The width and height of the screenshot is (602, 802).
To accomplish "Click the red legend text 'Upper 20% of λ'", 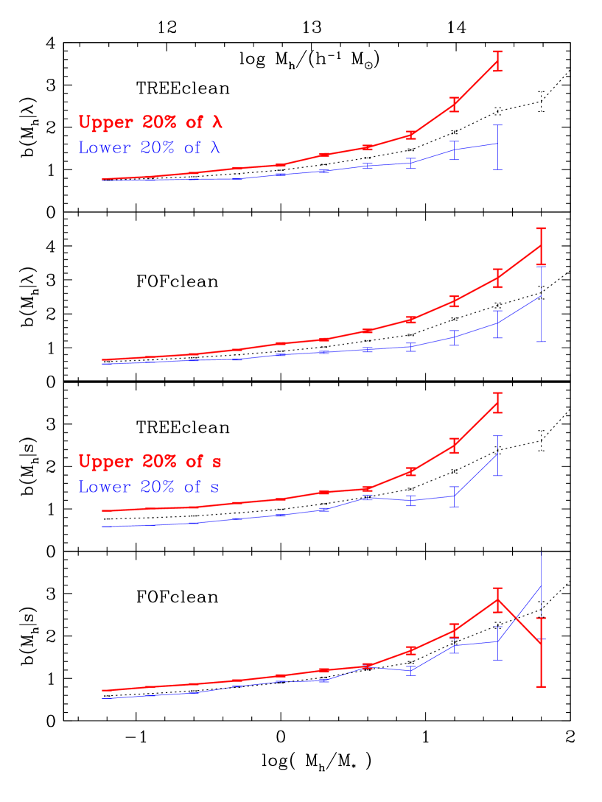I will (150, 122).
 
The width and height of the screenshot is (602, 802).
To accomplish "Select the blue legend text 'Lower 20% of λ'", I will (150, 147).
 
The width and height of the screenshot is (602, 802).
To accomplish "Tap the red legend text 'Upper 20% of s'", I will (150, 462).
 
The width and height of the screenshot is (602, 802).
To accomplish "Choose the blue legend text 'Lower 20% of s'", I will (148, 487).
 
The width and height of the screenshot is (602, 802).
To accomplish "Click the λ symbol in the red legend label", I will (217, 122).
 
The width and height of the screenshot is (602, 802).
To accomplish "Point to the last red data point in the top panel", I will (498, 61).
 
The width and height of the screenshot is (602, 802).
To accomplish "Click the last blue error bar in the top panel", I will (498, 147).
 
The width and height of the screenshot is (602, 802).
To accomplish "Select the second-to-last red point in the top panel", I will (455, 104).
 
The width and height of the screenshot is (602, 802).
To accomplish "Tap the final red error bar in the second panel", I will (542, 246).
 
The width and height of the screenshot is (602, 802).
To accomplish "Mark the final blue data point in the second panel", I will (542, 296).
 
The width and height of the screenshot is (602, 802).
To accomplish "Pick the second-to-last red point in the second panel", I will (498, 278).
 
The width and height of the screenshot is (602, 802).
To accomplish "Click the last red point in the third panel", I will (498, 402).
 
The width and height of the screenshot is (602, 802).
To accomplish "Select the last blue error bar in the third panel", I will (498, 455).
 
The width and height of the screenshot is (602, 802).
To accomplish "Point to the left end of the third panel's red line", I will (102, 510).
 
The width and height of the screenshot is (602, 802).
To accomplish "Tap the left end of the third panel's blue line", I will (102, 527).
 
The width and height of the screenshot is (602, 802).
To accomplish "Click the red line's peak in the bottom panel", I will (498, 599).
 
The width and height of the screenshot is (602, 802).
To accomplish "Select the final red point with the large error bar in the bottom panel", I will (542, 643).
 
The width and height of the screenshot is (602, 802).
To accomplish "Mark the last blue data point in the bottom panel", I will (542, 586).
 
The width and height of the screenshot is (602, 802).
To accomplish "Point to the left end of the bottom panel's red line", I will (102, 691).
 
